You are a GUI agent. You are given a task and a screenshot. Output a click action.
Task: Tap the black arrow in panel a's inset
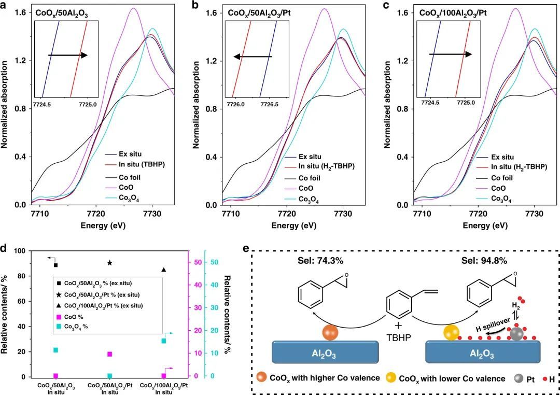tap(68, 54)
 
